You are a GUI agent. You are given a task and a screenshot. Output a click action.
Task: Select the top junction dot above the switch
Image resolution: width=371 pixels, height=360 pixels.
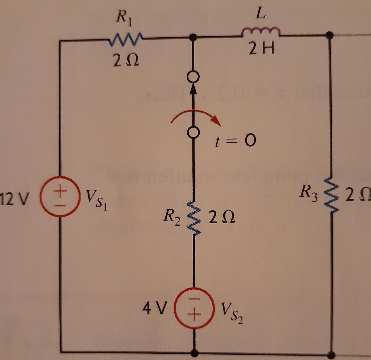click(x=193, y=37)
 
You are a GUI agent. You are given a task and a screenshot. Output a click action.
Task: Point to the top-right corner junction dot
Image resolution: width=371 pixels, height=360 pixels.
click(x=329, y=35)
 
